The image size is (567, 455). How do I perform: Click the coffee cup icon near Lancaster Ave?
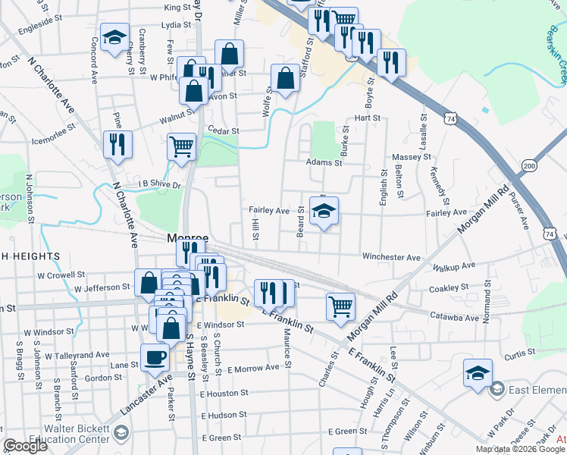[155, 357]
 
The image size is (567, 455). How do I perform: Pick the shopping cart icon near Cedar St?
[181, 146]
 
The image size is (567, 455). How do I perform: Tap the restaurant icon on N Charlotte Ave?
[117, 144]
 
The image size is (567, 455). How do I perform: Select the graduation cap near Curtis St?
[478, 373]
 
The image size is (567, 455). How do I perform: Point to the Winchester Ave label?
[391, 258]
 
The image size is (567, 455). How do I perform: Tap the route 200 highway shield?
[529, 166]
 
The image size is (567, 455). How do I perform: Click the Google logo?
[24, 446]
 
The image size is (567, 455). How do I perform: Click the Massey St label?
[412, 157]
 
